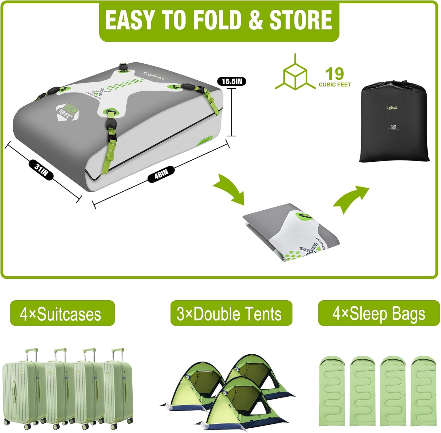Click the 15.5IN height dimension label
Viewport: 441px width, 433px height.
[x=232, y=81]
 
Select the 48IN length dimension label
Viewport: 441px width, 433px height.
[x=161, y=174]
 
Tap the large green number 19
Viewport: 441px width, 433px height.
[x=334, y=74]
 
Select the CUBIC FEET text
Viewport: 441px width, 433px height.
[x=335, y=85]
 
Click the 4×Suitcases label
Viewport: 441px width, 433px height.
[x=62, y=314]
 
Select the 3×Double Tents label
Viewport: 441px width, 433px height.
[x=231, y=314]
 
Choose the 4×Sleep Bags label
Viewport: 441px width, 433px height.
[x=379, y=314]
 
